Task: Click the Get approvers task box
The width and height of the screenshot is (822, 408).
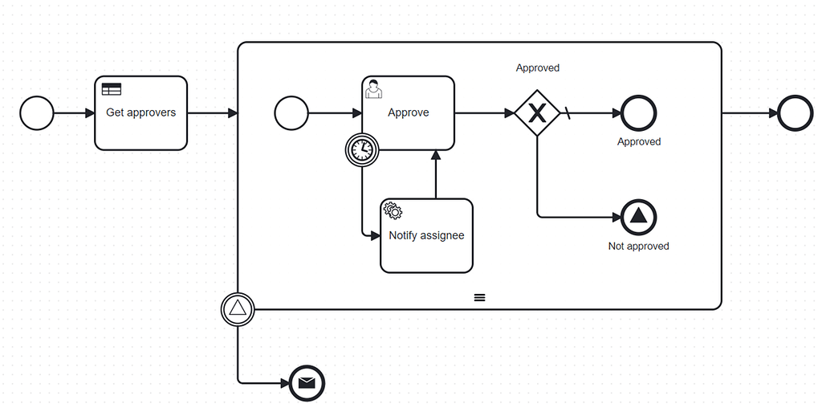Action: pos(140,113)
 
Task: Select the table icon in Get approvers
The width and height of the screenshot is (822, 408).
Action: pos(111,90)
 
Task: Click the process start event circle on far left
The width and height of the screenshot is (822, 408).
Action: pos(36,113)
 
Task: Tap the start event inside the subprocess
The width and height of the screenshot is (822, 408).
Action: pos(291,113)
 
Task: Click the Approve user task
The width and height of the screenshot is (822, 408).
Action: pos(408,113)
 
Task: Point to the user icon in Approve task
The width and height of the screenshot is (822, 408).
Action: pos(373,89)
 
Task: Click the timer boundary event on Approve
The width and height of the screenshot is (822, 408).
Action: pos(362,149)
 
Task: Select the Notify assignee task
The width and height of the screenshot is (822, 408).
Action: pos(426,235)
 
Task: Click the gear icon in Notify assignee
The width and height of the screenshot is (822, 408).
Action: pos(393,211)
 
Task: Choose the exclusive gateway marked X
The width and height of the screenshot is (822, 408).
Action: pos(537,113)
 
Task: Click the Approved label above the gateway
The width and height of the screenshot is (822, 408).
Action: pos(537,68)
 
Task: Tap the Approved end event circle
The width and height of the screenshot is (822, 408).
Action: pos(639,113)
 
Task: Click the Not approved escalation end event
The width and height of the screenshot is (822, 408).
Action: pos(639,216)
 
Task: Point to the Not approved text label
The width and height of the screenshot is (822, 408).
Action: pos(639,247)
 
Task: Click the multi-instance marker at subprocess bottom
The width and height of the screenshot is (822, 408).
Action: pos(479,297)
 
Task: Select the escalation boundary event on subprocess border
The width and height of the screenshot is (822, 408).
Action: pos(238,308)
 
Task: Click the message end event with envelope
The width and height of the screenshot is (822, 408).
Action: pos(306,383)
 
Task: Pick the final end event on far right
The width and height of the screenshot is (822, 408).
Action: pos(796,113)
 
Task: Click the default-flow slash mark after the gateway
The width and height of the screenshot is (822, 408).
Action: pos(568,113)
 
